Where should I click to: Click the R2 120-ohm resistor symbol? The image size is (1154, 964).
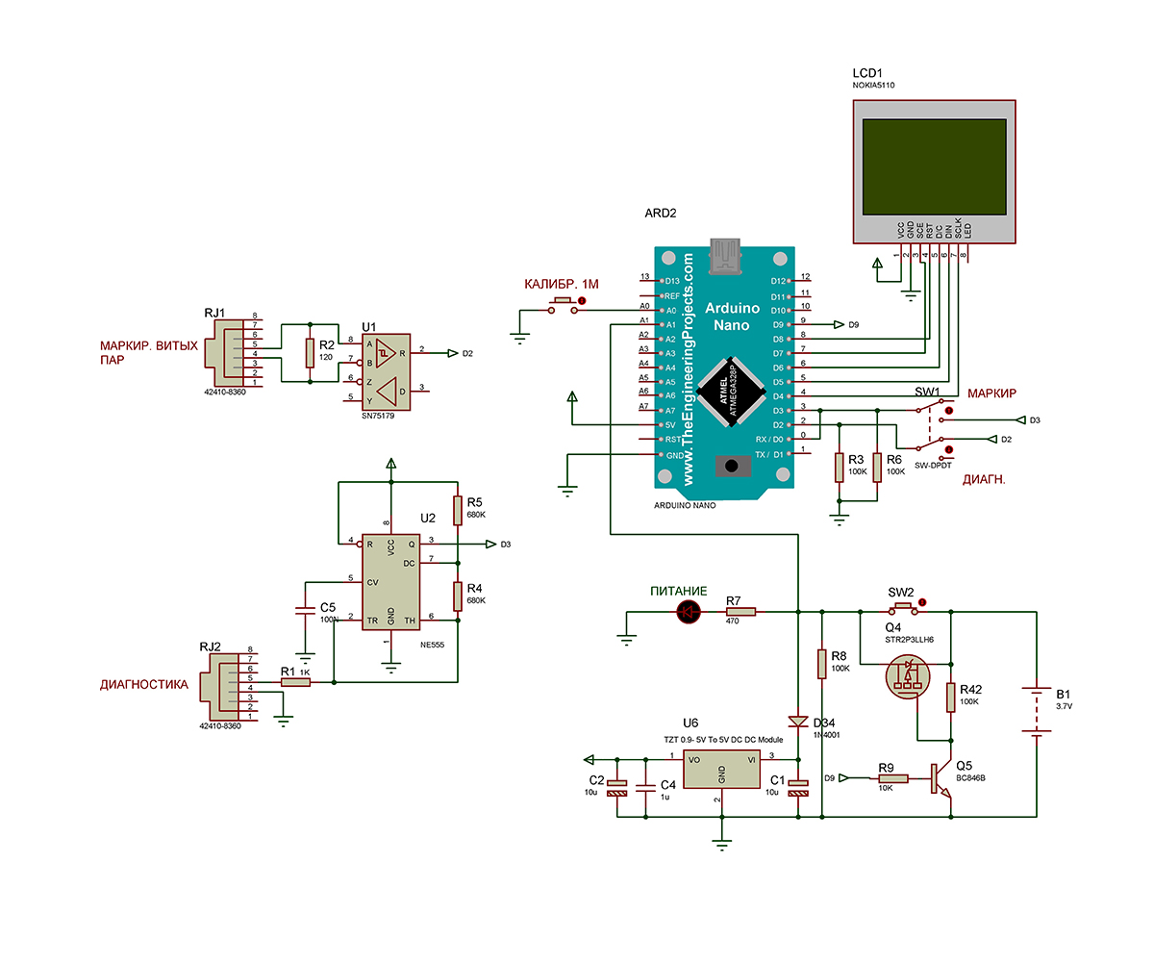coord(310,353)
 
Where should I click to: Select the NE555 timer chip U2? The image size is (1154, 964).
coord(390,580)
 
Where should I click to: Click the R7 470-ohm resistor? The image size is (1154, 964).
coord(740,611)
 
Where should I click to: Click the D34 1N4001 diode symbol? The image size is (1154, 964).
coord(798,722)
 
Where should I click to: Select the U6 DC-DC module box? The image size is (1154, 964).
coord(721,771)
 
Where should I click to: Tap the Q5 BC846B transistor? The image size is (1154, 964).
coord(941,778)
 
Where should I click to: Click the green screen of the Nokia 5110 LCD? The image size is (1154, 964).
coord(935,168)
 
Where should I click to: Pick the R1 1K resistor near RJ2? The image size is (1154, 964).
coord(295,682)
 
